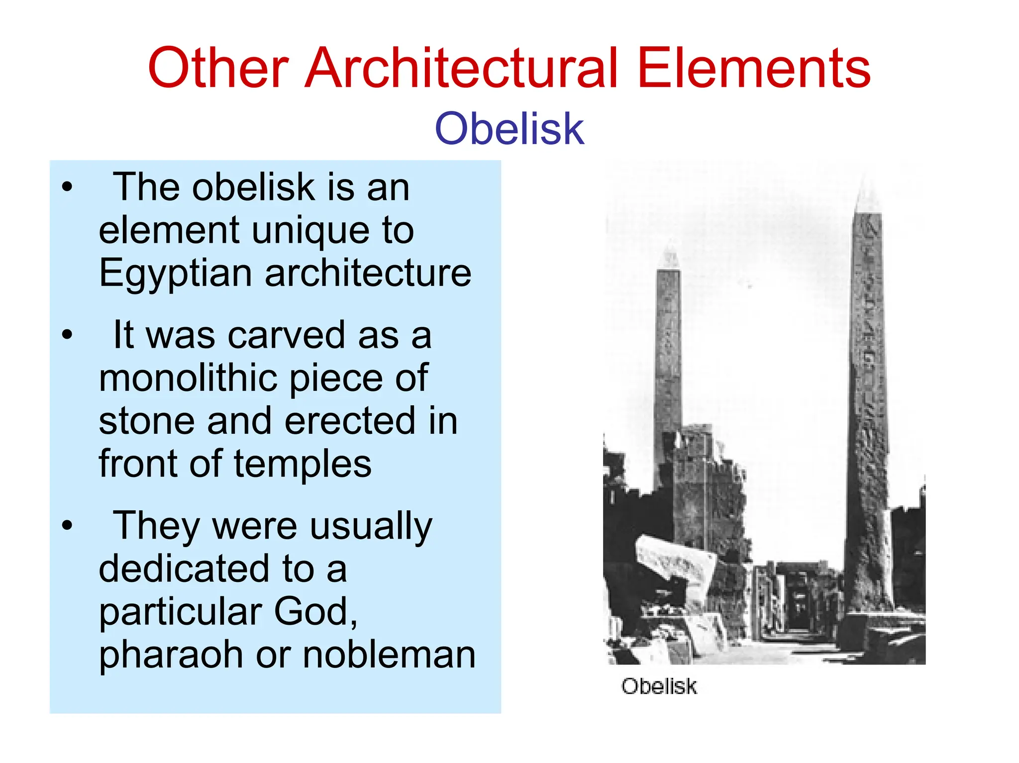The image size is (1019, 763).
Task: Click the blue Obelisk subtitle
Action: click(x=509, y=129)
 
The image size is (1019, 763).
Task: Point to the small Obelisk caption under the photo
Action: click(x=659, y=686)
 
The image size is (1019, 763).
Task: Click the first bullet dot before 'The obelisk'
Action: click(x=67, y=188)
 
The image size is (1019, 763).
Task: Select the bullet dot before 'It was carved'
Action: click(x=67, y=335)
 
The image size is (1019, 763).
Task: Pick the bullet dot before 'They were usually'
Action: click(x=67, y=525)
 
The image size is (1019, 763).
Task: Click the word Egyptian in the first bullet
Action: click(x=176, y=274)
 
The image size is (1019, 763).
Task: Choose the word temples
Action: click(x=303, y=464)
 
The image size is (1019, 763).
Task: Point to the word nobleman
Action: click(x=389, y=655)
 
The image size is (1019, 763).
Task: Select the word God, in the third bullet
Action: click(x=315, y=612)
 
